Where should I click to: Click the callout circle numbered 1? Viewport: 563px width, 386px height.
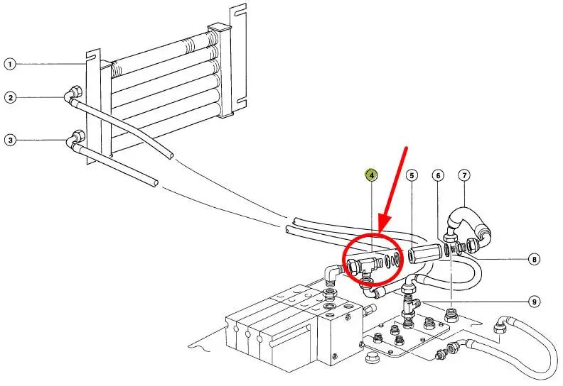10,65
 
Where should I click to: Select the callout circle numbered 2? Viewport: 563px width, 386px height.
11,97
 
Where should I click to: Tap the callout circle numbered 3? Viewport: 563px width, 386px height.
11,140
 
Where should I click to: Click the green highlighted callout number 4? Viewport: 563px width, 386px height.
372,175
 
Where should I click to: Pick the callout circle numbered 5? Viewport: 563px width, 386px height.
412,175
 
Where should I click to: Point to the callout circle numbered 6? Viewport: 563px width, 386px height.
438,176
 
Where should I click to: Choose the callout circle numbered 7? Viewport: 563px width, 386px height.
464,175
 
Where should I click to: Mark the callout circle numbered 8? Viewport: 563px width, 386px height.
535,259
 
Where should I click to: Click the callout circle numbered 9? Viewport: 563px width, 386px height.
535,302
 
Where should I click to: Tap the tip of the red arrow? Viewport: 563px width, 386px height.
380,233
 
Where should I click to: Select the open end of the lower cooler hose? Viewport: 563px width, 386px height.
155,182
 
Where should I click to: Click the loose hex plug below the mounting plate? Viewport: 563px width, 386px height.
370,358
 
